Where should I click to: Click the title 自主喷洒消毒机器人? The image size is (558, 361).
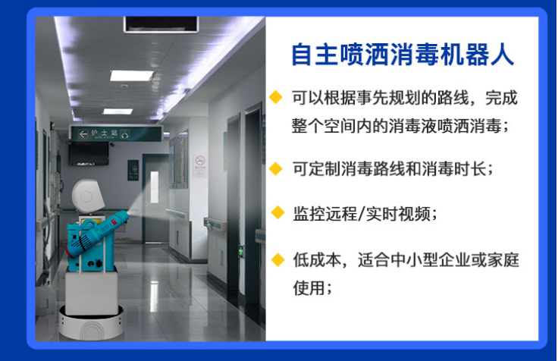pyautogui.click(x=403, y=55)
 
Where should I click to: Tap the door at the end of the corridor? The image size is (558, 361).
pyautogui.click(x=155, y=190)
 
